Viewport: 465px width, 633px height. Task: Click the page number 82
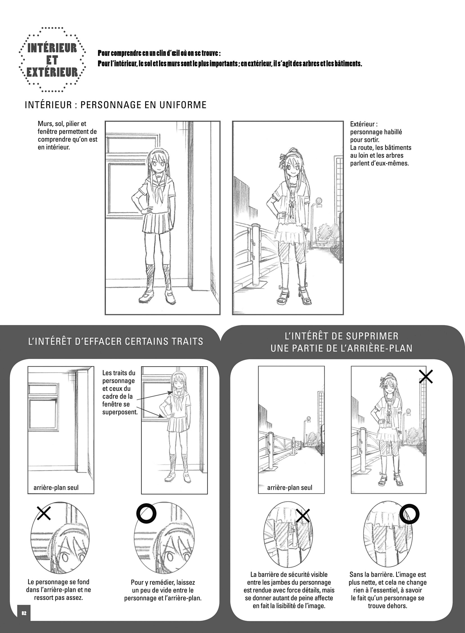[x=24, y=613]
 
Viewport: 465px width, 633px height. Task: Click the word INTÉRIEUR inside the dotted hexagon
[x=52, y=48]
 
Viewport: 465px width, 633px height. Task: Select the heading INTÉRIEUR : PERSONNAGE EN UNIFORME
[x=116, y=105]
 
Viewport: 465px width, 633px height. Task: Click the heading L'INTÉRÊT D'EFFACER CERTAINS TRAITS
[x=116, y=342]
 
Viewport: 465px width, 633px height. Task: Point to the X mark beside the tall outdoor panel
[x=426, y=376]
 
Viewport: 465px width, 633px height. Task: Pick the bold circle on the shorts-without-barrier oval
[x=410, y=514]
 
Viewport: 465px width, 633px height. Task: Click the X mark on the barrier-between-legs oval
[x=303, y=515]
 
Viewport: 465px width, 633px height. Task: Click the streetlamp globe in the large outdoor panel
[x=319, y=201]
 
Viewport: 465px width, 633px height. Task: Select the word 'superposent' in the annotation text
[x=120, y=412]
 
